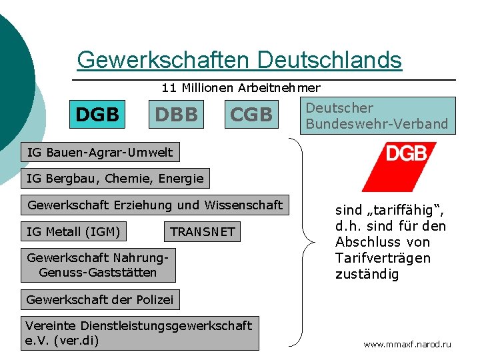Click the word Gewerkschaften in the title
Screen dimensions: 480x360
[x=164, y=60]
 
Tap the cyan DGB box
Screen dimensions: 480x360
[x=97, y=115]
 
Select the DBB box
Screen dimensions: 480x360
[x=177, y=115]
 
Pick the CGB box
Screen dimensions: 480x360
[x=251, y=115]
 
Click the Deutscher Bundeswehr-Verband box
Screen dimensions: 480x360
[x=377, y=116]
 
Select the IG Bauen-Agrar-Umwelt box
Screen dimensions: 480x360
[x=99, y=153]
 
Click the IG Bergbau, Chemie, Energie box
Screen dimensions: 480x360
[x=115, y=179]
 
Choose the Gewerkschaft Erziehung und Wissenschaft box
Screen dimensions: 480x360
[x=155, y=205]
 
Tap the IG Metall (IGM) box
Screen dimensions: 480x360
[x=73, y=232]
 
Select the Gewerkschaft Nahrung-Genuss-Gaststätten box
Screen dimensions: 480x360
[x=98, y=265]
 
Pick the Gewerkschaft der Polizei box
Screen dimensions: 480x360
[x=99, y=300]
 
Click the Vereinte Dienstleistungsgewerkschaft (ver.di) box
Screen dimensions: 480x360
[x=139, y=333]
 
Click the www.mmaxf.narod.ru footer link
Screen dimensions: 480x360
[x=407, y=345]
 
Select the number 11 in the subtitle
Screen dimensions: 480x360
[x=169, y=88]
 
